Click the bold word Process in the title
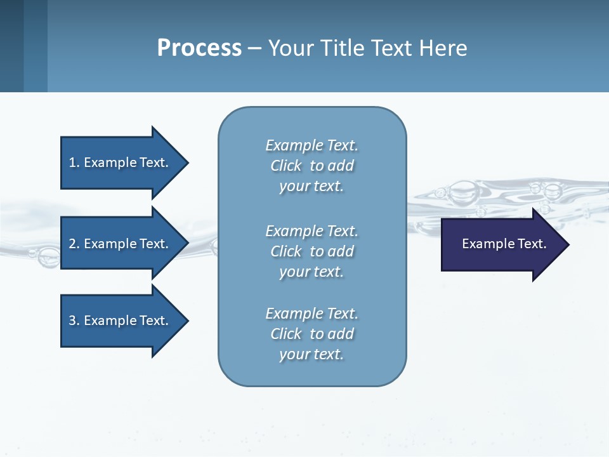tap(199, 48)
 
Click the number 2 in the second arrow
tap(72, 244)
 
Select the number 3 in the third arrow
tap(72, 321)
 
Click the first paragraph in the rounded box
tap(311, 166)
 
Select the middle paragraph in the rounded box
tap(311, 251)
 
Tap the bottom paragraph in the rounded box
tap(311, 334)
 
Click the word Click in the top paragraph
tap(286, 166)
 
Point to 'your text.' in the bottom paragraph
tap(311, 354)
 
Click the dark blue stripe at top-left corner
tap(11, 46)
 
